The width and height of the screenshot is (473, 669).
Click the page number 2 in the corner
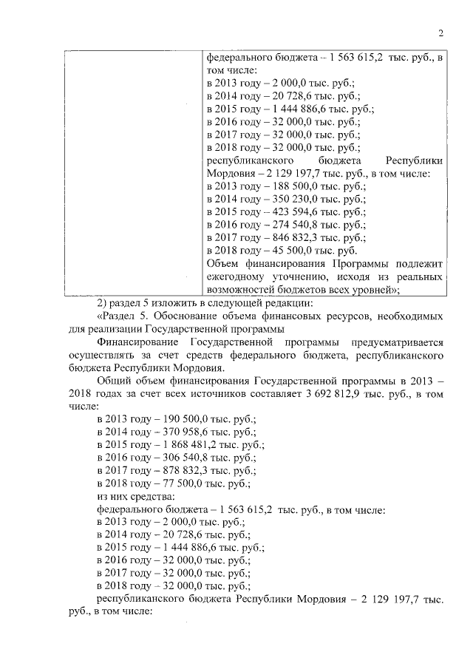pos(440,32)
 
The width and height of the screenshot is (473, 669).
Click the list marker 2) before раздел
pos(103,303)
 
